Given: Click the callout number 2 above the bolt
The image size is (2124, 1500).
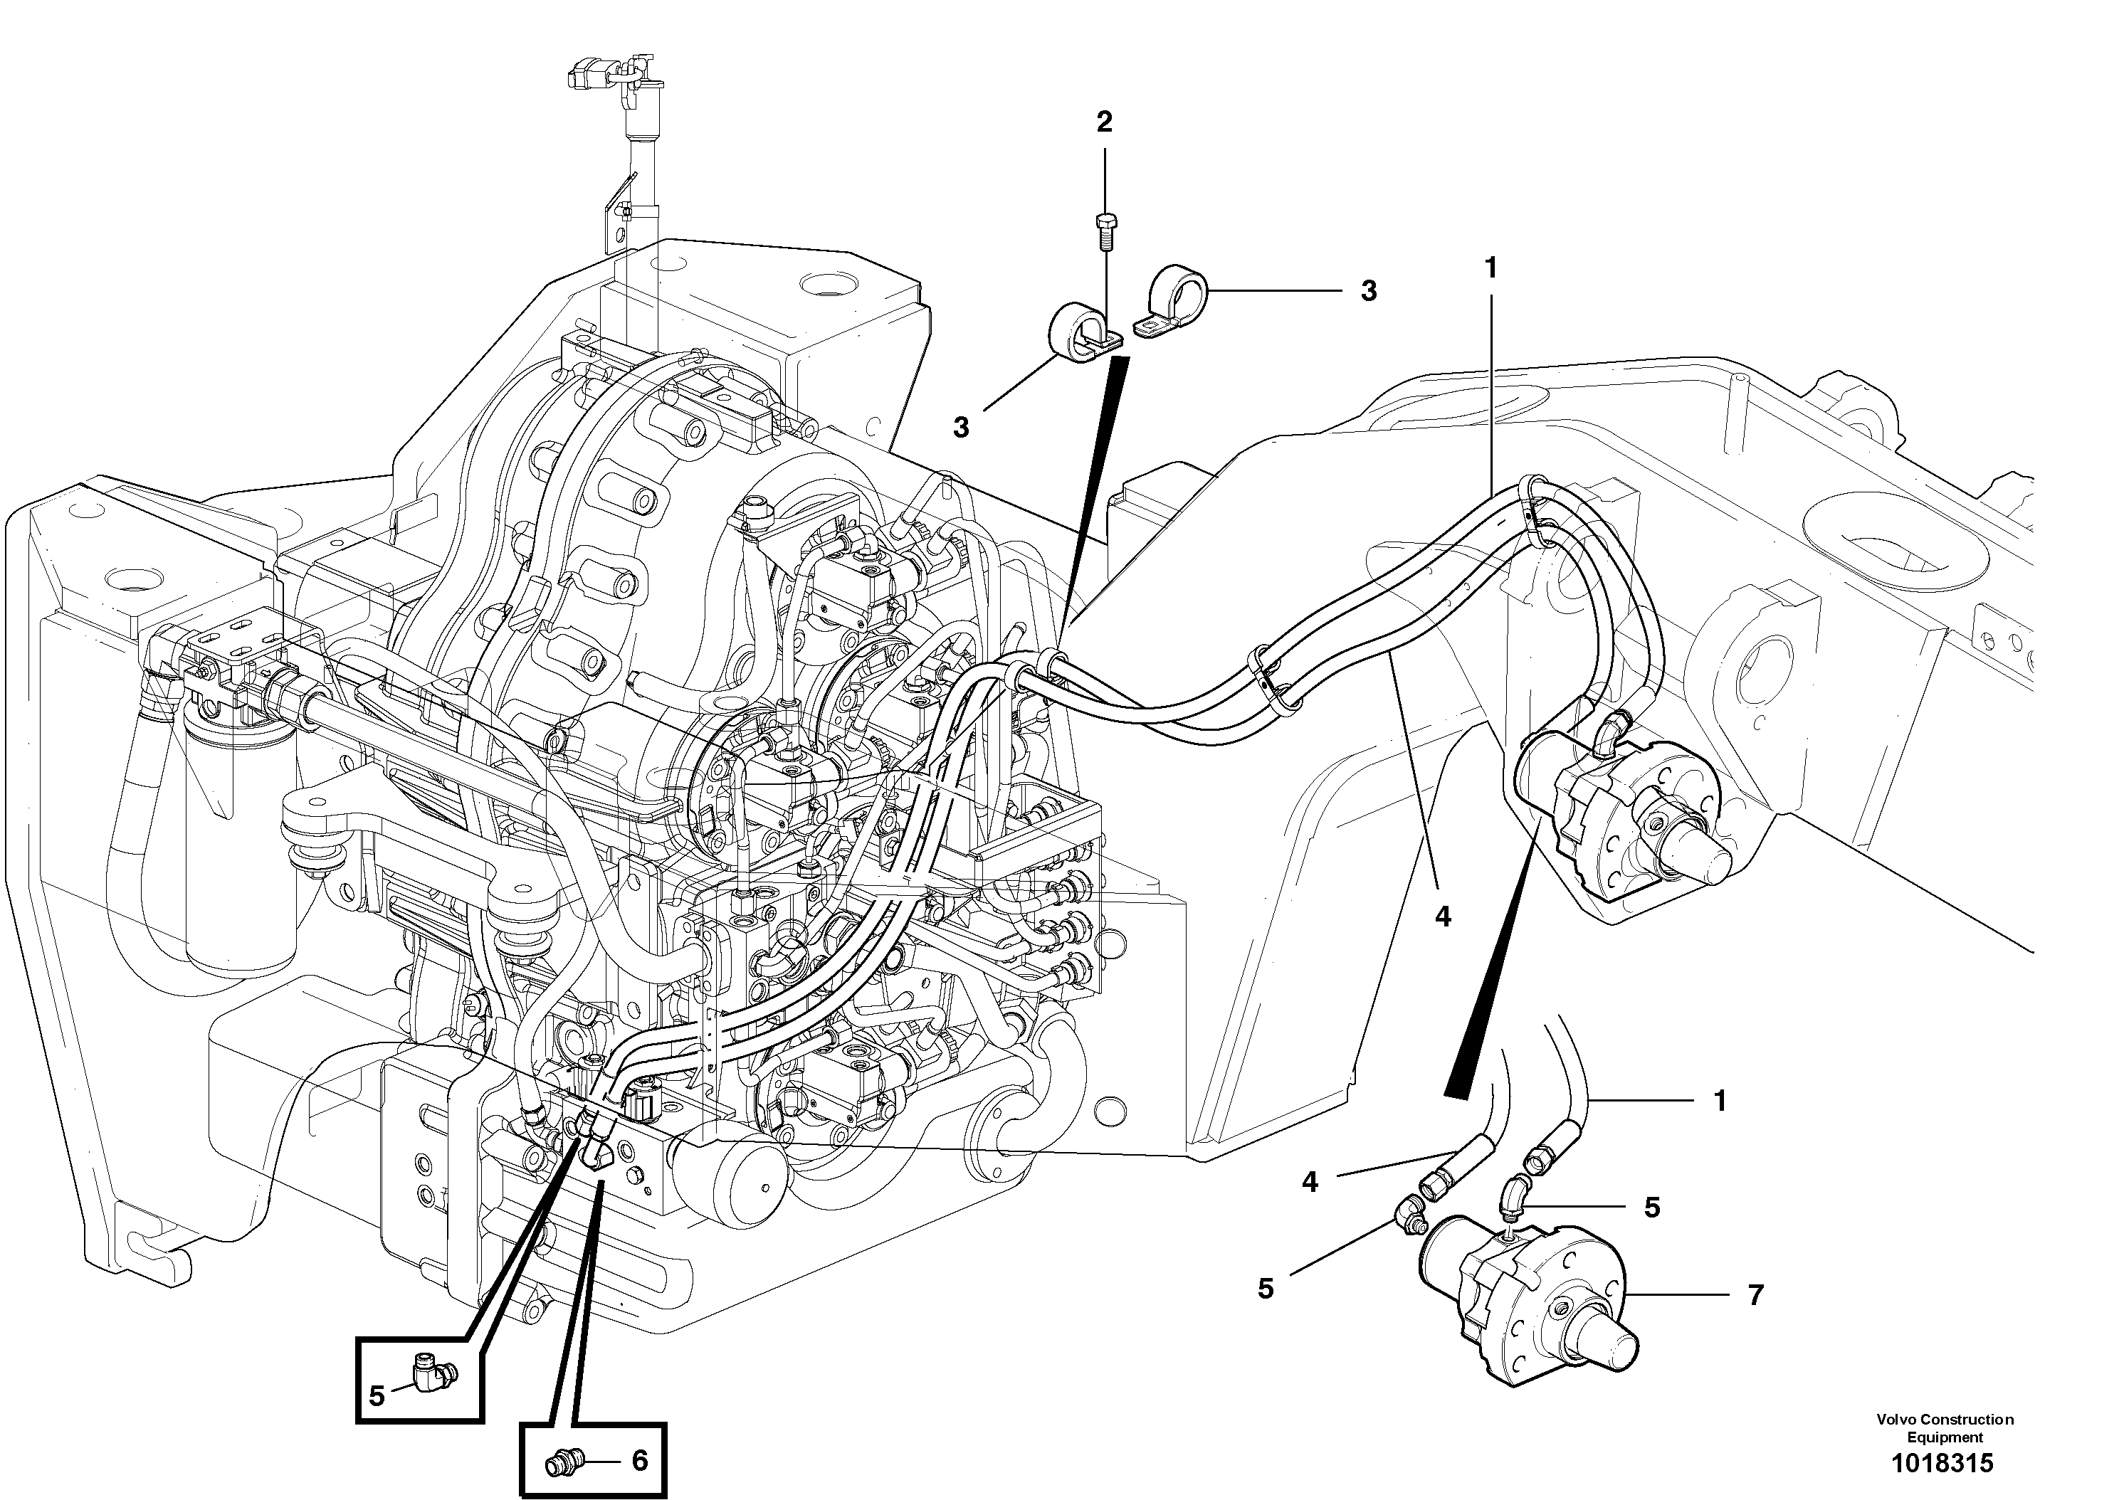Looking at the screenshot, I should coord(1103,121).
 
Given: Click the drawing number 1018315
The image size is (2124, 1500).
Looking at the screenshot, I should coord(1942,1463).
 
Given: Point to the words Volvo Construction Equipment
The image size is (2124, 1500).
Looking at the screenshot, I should coord(1945,1428).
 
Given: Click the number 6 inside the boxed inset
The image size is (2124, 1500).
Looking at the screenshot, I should coord(639,1461).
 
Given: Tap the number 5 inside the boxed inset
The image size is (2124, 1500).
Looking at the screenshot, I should coord(377,1396).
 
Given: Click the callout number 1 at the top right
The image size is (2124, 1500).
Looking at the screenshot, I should coord(1489,268).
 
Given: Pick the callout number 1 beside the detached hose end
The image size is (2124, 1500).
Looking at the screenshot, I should coord(1720,1102).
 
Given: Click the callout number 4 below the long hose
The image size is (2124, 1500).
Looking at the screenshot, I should coord(1442,917).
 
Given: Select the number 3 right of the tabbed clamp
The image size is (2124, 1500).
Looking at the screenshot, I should coord(1368,291).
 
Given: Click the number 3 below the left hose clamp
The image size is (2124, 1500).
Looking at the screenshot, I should coord(961,427).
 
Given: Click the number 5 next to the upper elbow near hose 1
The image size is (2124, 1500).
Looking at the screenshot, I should coord(1652,1208).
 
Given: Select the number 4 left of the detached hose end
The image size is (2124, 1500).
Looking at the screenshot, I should coord(1310,1182).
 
